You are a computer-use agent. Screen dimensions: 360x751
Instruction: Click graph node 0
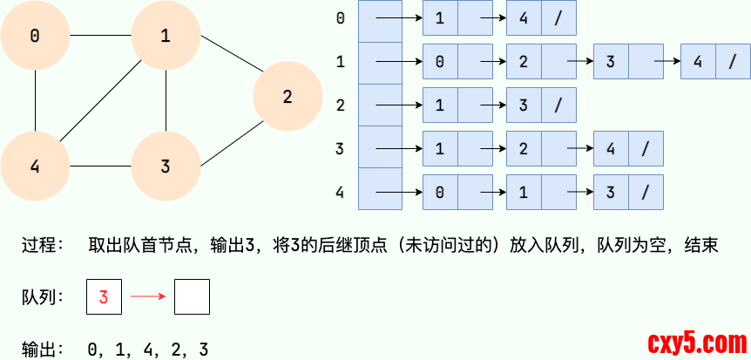(x=35, y=36)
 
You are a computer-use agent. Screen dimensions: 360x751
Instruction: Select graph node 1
(x=166, y=36)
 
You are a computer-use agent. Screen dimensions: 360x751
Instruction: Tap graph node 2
(x=288, y=97)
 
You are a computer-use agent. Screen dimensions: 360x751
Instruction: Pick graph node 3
(x=166, y=166)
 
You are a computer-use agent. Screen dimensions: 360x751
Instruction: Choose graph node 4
(x=35, y=166)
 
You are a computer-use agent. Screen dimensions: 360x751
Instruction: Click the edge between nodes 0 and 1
(x=100, y=36)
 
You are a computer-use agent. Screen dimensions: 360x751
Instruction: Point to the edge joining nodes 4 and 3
(x=100, y=166)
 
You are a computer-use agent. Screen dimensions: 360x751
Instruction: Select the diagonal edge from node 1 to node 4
(x=100, y=101)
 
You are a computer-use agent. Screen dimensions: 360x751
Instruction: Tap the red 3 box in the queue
(x=104, y=297)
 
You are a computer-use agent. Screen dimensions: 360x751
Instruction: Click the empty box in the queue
(x=192, y=297)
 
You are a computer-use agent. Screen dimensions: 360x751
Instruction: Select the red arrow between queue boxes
(x=147, y=297)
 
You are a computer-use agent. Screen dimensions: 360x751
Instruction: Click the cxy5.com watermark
(x=693, y=341)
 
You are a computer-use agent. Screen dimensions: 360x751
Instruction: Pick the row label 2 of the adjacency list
(x=340, y=105)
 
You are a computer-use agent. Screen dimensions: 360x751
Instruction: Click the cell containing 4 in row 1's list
(x=698, y=62)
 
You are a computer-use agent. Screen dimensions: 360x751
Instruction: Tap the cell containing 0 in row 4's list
(x=440, y=192)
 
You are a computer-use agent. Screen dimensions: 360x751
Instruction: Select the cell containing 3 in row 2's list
(x=524, y=105)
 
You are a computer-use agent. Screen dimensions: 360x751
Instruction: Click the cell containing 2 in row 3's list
(x=524, y=148)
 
